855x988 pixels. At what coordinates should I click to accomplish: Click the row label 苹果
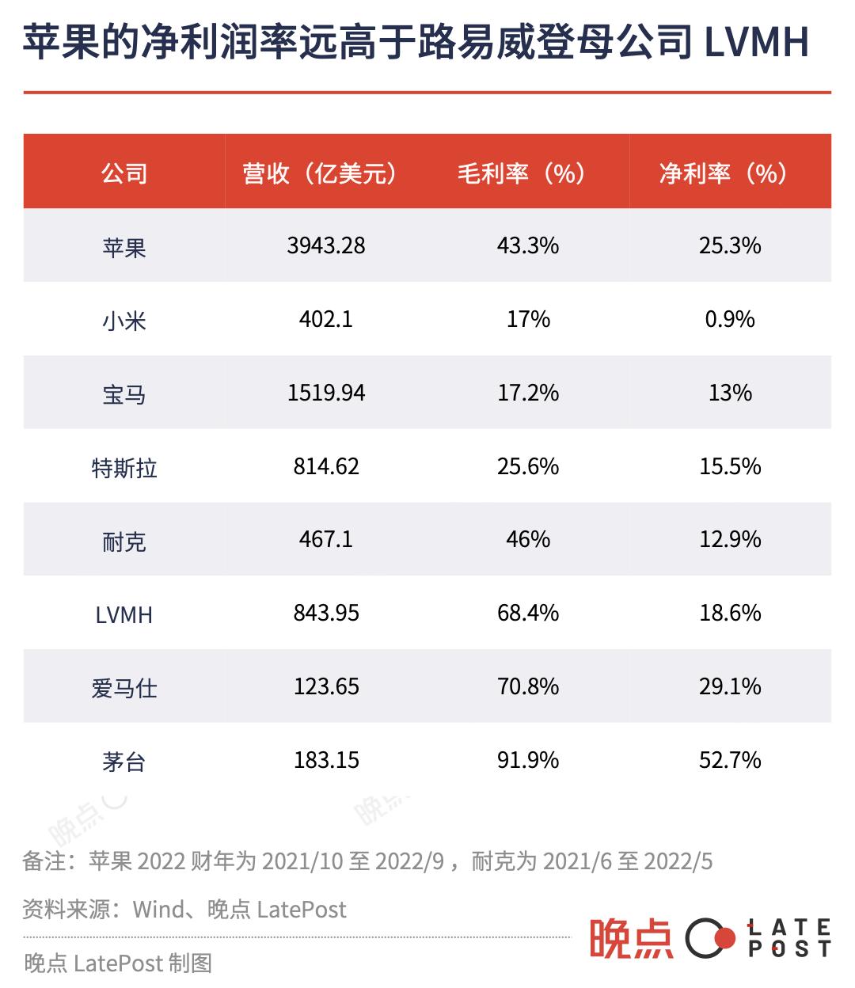tap(124, 248)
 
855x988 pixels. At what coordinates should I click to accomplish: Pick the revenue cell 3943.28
tap(325, 245)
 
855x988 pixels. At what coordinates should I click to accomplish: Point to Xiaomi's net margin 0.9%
tap(729, 319)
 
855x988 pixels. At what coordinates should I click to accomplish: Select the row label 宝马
tap(124, 394)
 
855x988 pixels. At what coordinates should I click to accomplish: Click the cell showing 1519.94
tap(325, 393)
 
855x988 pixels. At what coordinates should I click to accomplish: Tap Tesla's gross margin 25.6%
tap(527, 466)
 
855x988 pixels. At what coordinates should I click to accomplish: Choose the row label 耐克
tap(124, 541)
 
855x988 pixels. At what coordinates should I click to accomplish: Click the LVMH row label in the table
tap(124, 614)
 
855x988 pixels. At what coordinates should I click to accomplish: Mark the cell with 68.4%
tap(527, 613)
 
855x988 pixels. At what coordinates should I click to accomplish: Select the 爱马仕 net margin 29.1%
tap(729, 686)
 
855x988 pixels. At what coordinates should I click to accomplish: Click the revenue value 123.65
tap(325, 686)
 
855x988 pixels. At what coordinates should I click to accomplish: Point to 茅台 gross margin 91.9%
tap(527, 760)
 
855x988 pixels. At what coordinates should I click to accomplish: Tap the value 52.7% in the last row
tap(729, 760)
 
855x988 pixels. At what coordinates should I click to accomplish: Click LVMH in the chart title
tap(756, 42)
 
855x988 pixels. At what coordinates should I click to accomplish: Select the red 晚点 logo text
tap(631, 938)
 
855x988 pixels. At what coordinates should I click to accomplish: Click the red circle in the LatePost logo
tap(722, 939)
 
